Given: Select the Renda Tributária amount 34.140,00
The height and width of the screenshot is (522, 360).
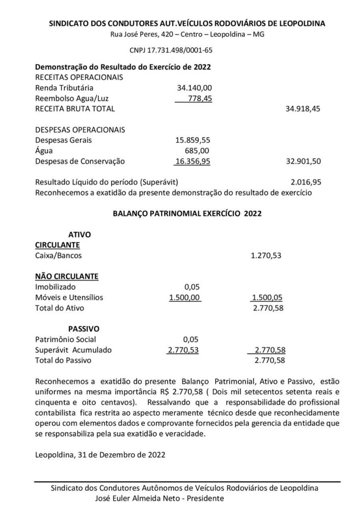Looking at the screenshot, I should tap(194, 88).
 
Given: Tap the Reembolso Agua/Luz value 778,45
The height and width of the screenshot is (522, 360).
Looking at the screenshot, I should tap(200, 98).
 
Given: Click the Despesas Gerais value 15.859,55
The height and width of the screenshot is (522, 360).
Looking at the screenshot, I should tap(192, 140).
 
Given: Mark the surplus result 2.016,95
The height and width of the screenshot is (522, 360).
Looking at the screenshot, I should tap(305, 181).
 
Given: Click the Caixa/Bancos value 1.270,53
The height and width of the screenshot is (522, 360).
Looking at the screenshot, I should tap(266, 255).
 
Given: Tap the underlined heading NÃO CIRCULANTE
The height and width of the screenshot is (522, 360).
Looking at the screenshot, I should tap(66, 276).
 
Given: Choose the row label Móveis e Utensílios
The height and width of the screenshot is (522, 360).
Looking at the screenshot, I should tap(69, 297).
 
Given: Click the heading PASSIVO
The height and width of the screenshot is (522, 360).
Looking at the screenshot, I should tap(83, 329).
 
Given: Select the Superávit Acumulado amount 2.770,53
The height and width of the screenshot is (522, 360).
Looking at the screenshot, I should tap(185, 350).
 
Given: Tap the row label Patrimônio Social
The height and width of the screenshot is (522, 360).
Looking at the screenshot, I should tap(65, 340).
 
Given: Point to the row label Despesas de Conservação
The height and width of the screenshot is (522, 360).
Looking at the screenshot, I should tap(80, 161).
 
